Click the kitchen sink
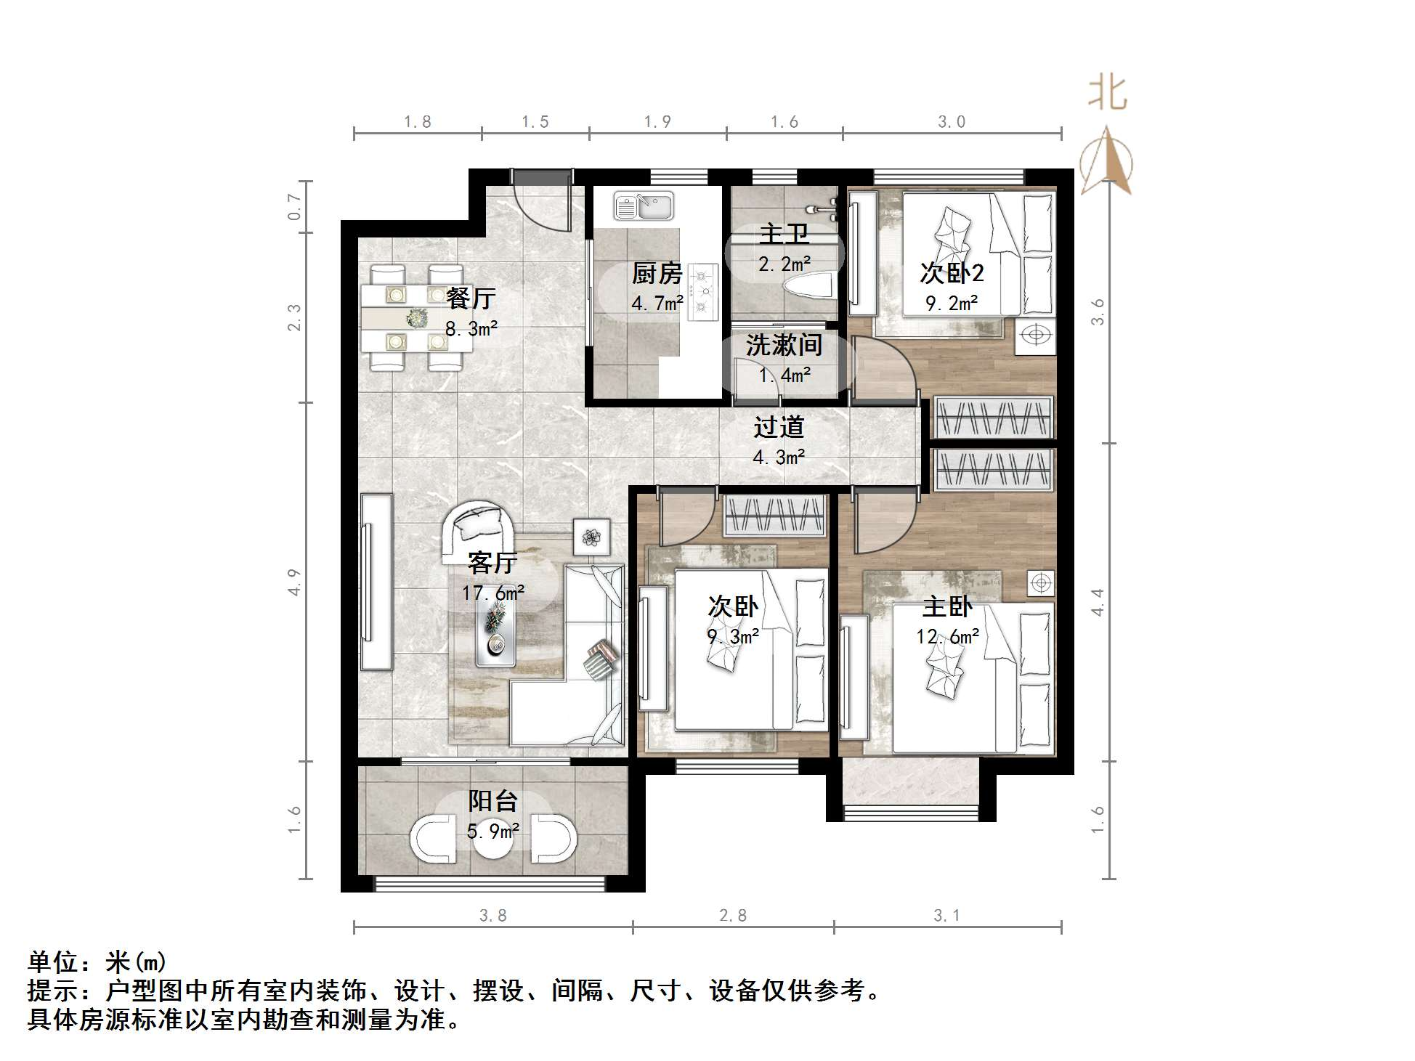644,206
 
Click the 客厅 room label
492,562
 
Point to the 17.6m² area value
493,593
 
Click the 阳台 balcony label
492,801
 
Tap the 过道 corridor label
779,427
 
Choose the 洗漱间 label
784,345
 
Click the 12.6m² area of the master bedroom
947,637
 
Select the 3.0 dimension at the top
952,122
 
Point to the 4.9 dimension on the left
294,582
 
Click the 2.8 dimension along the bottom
733,916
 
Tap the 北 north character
1107,93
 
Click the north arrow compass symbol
1106,160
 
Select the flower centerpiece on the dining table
416,317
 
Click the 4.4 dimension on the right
1098,603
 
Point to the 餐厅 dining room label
471,298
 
